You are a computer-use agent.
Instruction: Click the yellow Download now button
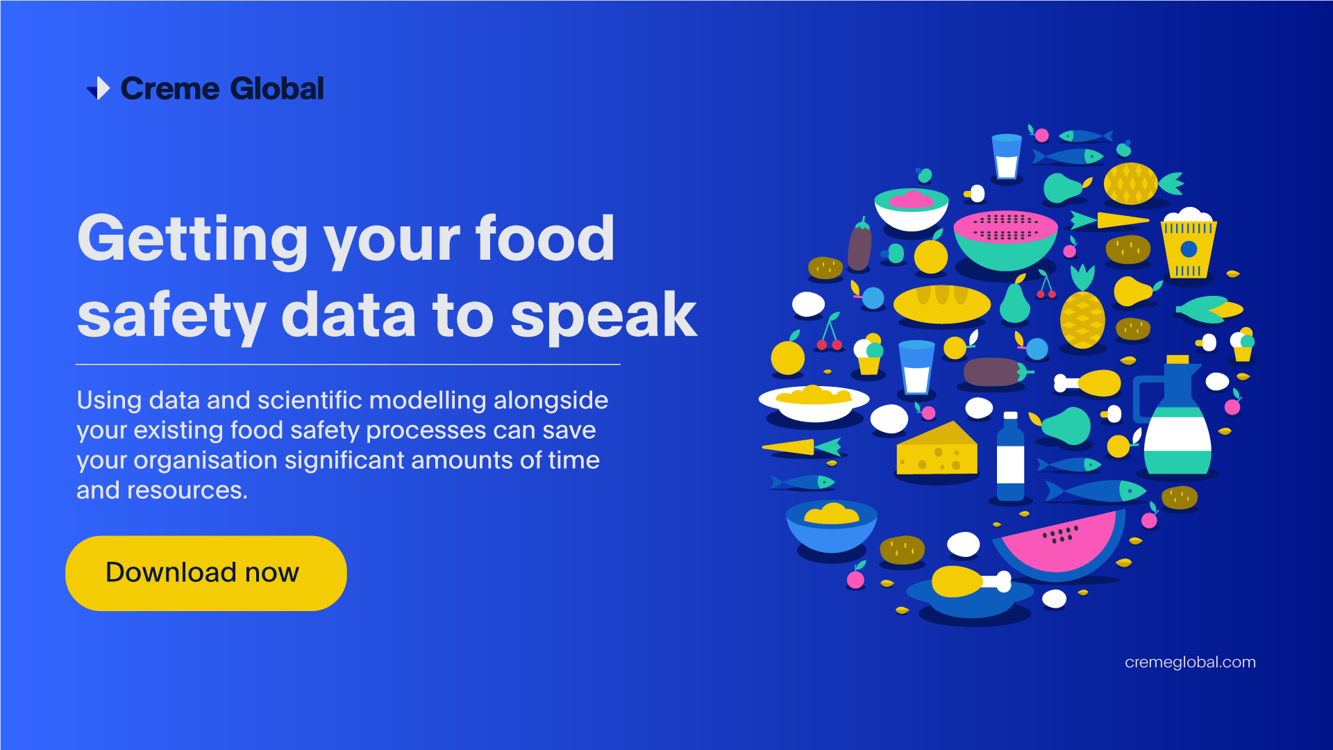pos(206,573)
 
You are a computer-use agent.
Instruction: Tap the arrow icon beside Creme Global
pos(99,88)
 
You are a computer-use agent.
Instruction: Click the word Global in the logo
pos(276,89)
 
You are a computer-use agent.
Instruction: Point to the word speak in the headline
pos(603,316)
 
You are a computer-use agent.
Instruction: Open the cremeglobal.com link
pos(1190,662)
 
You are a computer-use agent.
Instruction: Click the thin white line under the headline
pos(347,364)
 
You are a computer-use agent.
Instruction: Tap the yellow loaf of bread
pos(941,303)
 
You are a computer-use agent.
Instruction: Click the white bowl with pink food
pos(911,208)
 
